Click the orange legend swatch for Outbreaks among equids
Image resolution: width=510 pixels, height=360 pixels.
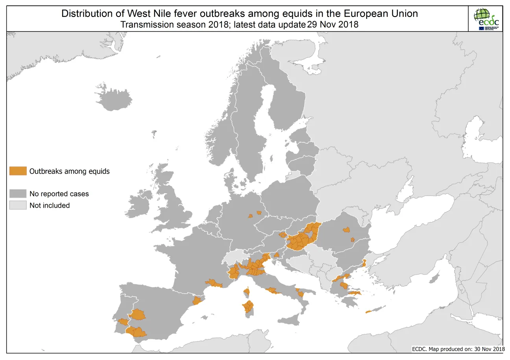coord(18,171)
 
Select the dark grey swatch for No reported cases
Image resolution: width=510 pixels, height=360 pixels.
coord(18,194)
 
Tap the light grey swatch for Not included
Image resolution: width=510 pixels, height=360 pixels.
coord(18,205)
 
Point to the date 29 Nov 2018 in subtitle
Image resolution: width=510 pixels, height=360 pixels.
coord(333,24)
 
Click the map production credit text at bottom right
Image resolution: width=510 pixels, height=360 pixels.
coord(458,349)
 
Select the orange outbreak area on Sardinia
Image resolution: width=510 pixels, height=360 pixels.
coord(248,306)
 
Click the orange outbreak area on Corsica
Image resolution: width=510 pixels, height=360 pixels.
coord(247,292)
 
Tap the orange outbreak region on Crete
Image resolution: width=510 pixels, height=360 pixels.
coord(368,312)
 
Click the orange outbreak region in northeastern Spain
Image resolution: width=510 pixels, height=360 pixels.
coord(196,301)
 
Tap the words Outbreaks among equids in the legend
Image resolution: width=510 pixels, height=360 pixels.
coord(69,171)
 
